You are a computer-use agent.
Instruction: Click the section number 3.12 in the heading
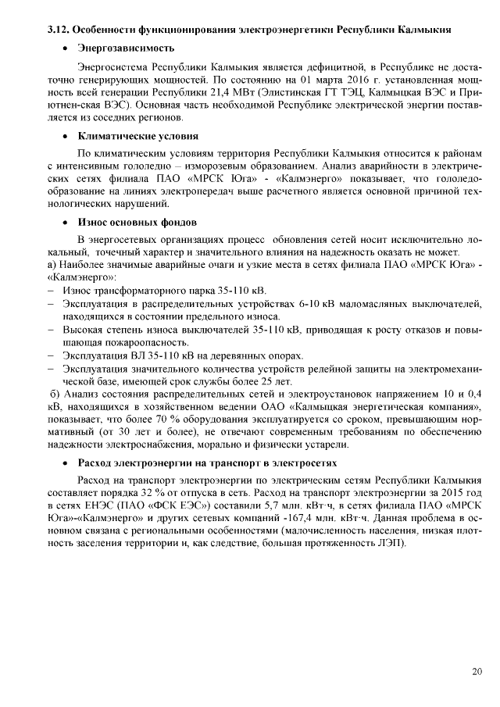pos(59,29)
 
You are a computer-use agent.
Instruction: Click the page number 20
pos(477,672)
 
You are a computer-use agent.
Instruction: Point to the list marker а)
pos(52,265)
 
